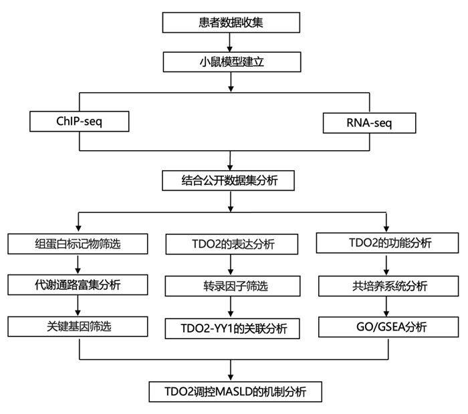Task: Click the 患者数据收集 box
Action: pyautogui.click(x=230, y=23)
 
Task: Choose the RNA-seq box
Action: pyautogui.click(x=369, y=123)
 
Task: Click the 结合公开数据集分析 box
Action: pyautogui.click(x=230, y=180)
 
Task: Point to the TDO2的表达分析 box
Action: pyautogui.click(x=231, y=244)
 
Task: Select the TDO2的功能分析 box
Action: pyautogui.click(x=386, y=243)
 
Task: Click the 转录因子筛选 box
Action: pyautogui.click(x=231, y=286)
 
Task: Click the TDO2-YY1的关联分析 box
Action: pyautogui.click(x=231, y=328)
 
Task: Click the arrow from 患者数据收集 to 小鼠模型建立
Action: pyautogui.click(x=230, y=42)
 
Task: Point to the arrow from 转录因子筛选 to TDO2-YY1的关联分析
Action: pyautogui.click(x=231, y=306)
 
